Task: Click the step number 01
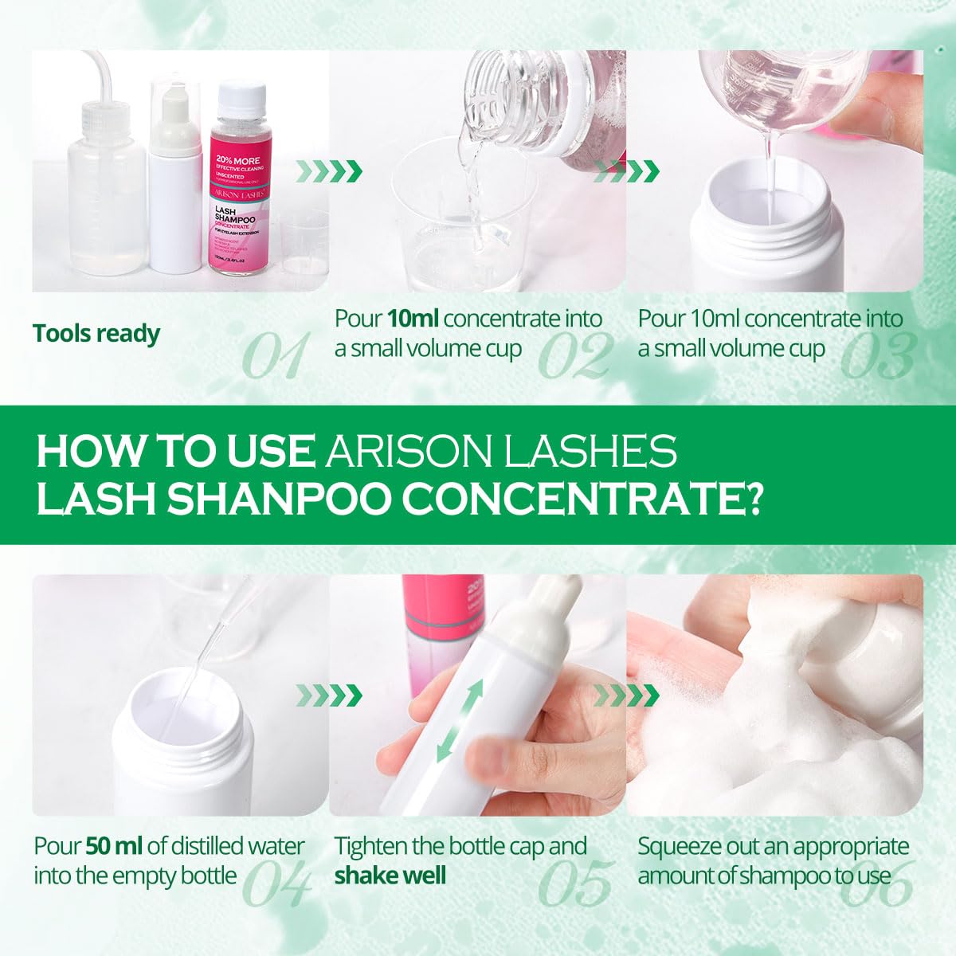click(x=275, y=356)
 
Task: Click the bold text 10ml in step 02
click(x=413, y=319)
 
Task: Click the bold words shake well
click(x=390, y=876)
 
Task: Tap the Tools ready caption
click(x=96, y=333)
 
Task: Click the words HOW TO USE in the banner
click(x=174, y=451)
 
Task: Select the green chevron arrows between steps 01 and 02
click(x=329, y=170)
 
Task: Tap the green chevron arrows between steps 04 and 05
click(x=329, y=695)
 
